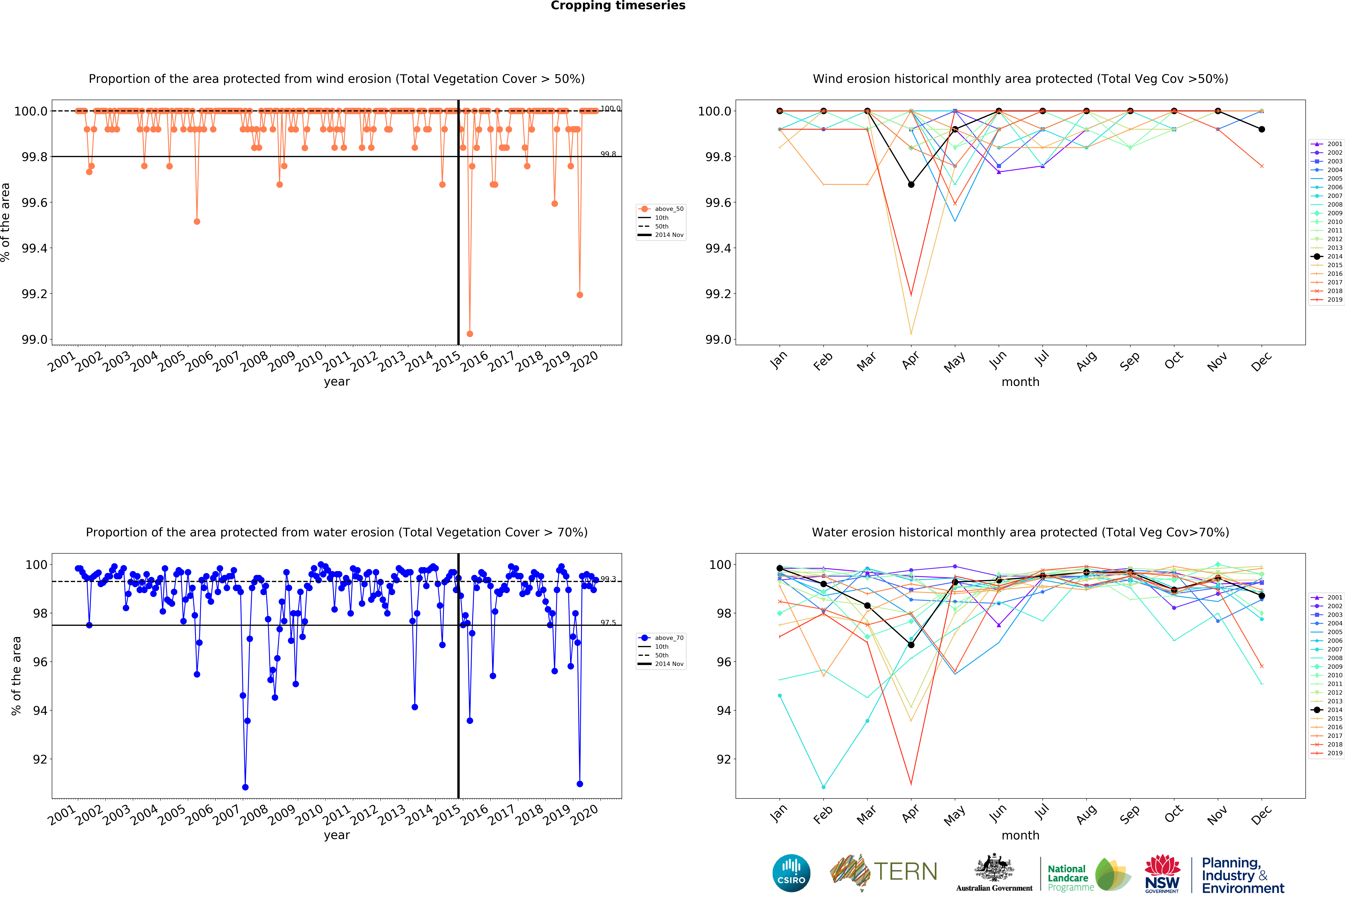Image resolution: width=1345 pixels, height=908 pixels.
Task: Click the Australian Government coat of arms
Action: point(994,867)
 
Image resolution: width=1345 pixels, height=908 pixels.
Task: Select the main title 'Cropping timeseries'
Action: point(618,6)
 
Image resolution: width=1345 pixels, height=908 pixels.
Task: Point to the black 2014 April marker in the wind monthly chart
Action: point(911,185)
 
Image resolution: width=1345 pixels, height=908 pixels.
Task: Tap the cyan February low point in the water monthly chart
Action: point(824,787)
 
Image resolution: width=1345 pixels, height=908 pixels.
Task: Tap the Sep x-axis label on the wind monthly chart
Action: point(1129,361)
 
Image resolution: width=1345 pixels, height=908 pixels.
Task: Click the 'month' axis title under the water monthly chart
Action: point(1020,835)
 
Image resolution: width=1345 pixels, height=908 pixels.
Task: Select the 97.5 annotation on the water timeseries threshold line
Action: point(608,623)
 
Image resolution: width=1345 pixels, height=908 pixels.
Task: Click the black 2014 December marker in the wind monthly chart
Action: point(1262,130)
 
